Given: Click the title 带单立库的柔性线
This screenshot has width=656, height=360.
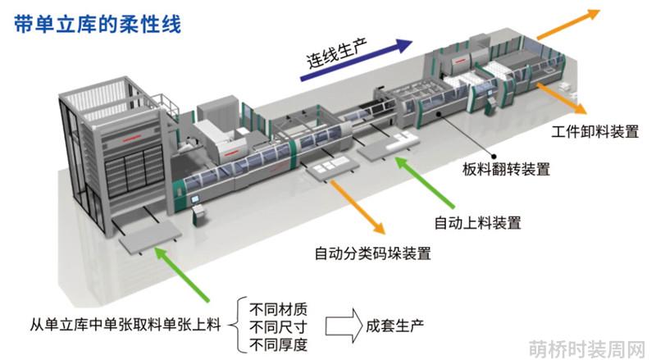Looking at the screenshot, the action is (98, 24).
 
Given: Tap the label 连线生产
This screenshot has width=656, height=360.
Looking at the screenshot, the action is (337, 53).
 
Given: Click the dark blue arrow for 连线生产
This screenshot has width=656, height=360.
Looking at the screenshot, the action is (357, 59).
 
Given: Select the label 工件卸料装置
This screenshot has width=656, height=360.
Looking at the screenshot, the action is (594, 131).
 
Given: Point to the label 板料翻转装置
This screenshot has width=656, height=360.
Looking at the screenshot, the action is (506, 169).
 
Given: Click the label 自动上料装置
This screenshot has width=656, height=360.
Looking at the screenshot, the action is (477, 222).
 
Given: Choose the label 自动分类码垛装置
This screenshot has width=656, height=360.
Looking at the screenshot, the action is (372, 253).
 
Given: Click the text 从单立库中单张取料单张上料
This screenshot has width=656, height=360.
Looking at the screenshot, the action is (125, 325).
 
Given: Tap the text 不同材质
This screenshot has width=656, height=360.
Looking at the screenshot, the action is (278, 309).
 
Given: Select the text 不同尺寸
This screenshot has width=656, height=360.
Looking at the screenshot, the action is (278, 327).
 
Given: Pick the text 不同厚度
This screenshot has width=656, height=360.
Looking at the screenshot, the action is (278, 344).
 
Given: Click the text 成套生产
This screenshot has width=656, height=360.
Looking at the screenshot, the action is (394, 326).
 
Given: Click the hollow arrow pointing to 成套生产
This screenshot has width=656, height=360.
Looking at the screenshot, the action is (344, 326).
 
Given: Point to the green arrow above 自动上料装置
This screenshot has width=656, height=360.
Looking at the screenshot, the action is (425, 182).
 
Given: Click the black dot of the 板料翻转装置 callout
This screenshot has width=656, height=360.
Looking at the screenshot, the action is (494, 156).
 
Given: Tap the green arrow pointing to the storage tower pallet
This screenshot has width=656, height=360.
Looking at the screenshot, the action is (182, 274).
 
